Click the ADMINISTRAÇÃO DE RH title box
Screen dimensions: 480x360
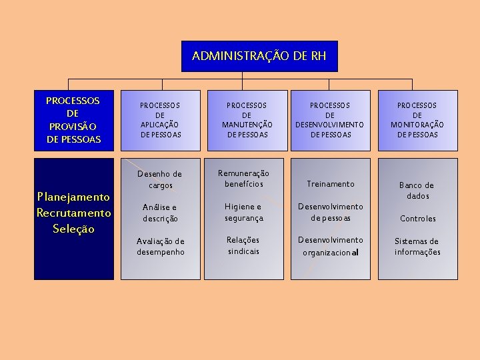[259, 56]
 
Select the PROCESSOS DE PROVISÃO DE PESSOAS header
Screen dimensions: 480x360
[73, 120]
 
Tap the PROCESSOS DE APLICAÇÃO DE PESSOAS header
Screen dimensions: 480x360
[160, 120]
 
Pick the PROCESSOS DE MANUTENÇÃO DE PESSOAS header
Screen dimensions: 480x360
[246, 120]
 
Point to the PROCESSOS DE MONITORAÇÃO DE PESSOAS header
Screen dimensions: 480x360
[417, 120]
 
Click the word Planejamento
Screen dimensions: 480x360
[73, 197]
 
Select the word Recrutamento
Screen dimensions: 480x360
[73, 213]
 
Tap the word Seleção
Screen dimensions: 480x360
[73, 229]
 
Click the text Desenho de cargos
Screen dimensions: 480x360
[160, 179]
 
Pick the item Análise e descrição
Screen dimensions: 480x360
[160, 213]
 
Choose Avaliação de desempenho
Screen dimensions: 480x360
[160, 246]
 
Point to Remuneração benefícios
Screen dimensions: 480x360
[244, 178]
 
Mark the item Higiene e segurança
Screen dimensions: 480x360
[244, 212]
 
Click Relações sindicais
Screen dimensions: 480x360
[244, 245]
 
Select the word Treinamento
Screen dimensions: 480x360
[331, 183]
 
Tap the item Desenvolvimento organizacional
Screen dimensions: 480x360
[331, 246]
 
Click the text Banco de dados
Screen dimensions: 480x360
[417, 190]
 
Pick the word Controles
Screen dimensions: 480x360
[417, 218]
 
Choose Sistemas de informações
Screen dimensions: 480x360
[417, 246]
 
